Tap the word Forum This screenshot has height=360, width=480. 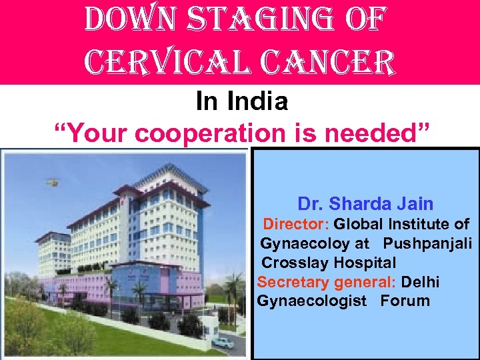[x=405, y=301]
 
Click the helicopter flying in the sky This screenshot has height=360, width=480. [x=51, y=181]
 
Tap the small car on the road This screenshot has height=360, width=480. [x=223, y=343]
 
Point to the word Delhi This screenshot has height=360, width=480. [x=420, y=282]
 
